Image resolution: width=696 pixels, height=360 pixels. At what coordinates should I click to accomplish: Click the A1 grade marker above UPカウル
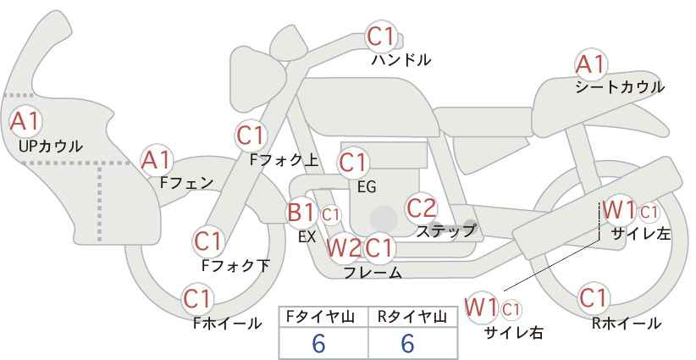[25, 122]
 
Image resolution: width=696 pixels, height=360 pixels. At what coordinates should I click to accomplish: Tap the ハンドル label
[401, 59]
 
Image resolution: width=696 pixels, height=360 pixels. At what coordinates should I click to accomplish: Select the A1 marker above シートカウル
[591, 64]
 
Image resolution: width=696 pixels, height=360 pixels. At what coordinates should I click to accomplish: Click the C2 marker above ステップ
[422, 208]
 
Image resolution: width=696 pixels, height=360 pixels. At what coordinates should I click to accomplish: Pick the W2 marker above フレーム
[344, 247]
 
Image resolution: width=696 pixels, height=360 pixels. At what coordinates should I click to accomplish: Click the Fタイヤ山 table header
[320, 317]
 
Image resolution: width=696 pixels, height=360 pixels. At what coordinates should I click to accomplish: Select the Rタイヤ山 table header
[412, 317]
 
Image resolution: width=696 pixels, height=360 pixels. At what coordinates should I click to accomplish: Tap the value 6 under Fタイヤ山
[319, 343]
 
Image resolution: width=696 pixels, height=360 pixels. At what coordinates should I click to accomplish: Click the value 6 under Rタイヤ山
[407, 343]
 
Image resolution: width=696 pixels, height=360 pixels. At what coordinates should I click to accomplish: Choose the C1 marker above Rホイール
[593, 298]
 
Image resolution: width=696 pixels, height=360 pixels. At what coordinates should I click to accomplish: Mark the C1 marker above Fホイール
[197, 299]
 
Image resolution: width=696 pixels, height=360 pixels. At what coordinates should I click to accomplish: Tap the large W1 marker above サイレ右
[482, 307]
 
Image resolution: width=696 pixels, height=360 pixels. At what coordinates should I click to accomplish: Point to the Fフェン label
[186, 183]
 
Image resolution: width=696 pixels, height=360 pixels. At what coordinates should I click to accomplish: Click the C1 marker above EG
[353, 163]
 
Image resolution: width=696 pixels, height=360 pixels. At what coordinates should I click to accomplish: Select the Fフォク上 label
[284, 159]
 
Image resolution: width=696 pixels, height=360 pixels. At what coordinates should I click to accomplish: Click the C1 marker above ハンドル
[381, 36]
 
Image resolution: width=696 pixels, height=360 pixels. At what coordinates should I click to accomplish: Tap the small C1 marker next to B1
[331, 215]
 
